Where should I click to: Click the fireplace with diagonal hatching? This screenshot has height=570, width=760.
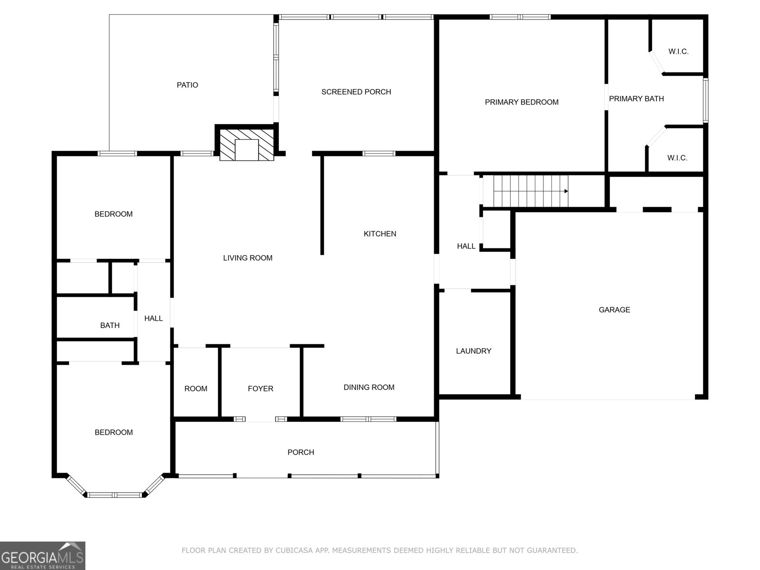pyautogui.click(x=247, y=144)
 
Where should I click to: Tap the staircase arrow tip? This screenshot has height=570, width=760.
pyautogui.click(x=566, y=191)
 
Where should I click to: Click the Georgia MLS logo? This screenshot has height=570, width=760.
pyautogui.click(x=42, y=555)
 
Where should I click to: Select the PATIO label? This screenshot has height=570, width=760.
pyautogui.click(x=187, y=85)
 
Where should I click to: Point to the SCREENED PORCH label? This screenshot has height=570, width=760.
pyautogui.click(x=356, y=92)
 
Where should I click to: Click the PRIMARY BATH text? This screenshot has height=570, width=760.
pyautogui.click(x=636, y=99)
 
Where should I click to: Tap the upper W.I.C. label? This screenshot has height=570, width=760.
pyautogui.click(x=678, y=51)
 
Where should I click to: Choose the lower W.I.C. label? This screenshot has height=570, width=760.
pyautogui.click(x=677, y=158)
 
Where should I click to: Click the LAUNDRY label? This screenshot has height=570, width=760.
pyautogui.click(x=473, y=351)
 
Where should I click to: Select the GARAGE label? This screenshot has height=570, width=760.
pyautogui.click(x=614, y=310)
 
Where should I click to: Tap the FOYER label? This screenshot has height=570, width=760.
pyautogui.click(x=260, y=389)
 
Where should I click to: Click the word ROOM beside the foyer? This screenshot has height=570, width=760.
pyautogui.click(x=196, y=389)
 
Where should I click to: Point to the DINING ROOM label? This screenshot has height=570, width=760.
pyautogui.click(x=369, y=387)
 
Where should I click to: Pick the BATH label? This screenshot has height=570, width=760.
pyautogui.click(x=110, y=325)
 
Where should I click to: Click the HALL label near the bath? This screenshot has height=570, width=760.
pyautogui.click(x=153, y=318)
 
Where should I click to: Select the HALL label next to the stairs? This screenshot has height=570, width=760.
pyautogui.click(x=466, y=246)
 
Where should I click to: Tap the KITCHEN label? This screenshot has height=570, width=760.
pyautogui.click(x=380, y=234)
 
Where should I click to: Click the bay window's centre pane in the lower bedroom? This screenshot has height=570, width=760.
pyautogui.click(x=114, y=495)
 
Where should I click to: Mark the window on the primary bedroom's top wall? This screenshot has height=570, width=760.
pyautogui.click(x=520, y=17)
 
